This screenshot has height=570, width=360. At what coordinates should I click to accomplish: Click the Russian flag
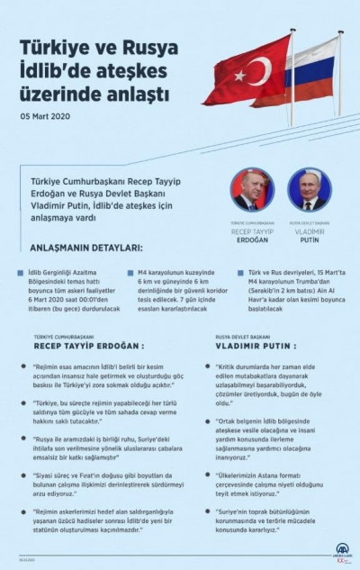310,72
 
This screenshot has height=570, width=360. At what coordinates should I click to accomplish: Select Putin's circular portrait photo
308,188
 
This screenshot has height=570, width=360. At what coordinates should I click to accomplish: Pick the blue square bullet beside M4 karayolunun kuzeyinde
129,271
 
